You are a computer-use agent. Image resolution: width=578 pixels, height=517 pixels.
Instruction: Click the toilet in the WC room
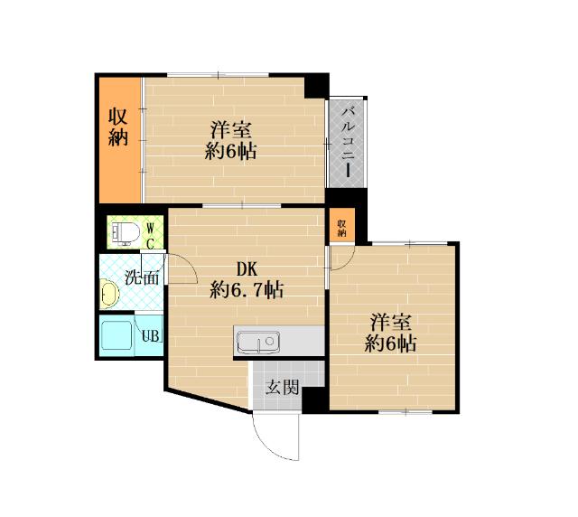pos(126,233)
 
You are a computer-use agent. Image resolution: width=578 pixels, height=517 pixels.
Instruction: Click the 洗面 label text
pos(142,277)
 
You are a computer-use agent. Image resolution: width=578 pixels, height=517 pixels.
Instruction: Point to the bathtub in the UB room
pos(117,335)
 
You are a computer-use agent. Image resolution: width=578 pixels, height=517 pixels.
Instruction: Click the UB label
pos(151,336)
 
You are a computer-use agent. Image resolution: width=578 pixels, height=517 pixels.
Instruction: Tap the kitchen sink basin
pos(258,342)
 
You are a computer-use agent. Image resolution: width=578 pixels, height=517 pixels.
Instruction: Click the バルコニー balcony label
pos(348,142)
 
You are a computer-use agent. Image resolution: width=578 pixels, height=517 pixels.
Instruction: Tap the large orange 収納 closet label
pos(118,127)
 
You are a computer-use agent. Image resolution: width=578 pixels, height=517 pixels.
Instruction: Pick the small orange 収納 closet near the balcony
pos(342,225)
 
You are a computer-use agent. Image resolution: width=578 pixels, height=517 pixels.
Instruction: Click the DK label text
pos(247,269)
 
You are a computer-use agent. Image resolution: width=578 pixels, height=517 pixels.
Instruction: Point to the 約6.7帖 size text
pos(247,289)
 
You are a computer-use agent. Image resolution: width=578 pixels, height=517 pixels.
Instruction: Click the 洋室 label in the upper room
pos(231,131)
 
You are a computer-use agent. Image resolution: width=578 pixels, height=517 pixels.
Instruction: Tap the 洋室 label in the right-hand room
pos(391,322)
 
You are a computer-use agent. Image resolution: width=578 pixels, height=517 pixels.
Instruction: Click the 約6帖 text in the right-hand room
pos(391,343)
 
